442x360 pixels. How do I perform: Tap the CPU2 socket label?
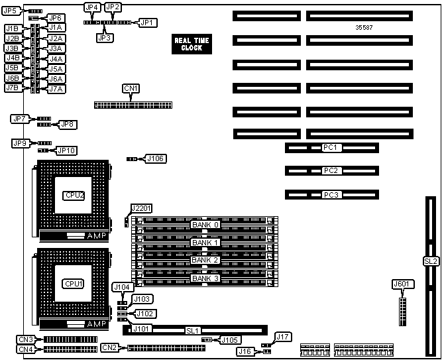[74, 195]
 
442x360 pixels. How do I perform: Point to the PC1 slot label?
[331, 147]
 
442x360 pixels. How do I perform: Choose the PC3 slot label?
[331, 195]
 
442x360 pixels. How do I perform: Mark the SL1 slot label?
[193, 330]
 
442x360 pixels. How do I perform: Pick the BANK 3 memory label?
[205, 278]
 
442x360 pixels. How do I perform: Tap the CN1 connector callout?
[131, 88]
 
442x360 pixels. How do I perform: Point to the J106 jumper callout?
[156, 159]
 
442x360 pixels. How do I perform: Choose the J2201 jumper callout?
[141, 208]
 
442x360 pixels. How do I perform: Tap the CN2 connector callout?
[110, 347]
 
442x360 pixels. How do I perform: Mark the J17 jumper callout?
[283, 337]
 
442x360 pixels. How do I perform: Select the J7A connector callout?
[56, 89]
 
